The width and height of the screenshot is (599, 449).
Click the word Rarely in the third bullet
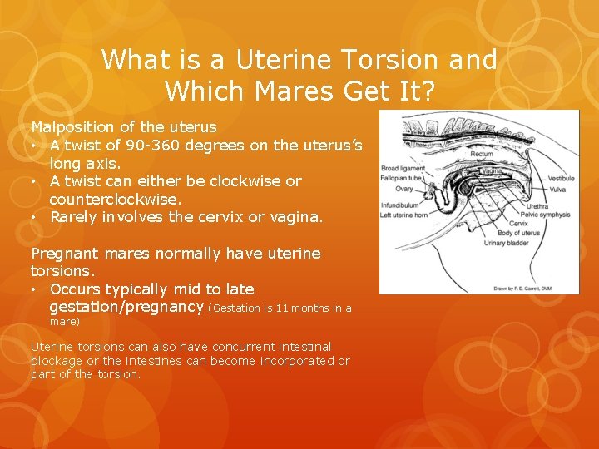point(74,217)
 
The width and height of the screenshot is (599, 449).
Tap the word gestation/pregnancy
point(126,307)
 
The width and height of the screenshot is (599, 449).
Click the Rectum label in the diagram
point(482,154)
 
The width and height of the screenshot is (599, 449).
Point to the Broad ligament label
point(403,169)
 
